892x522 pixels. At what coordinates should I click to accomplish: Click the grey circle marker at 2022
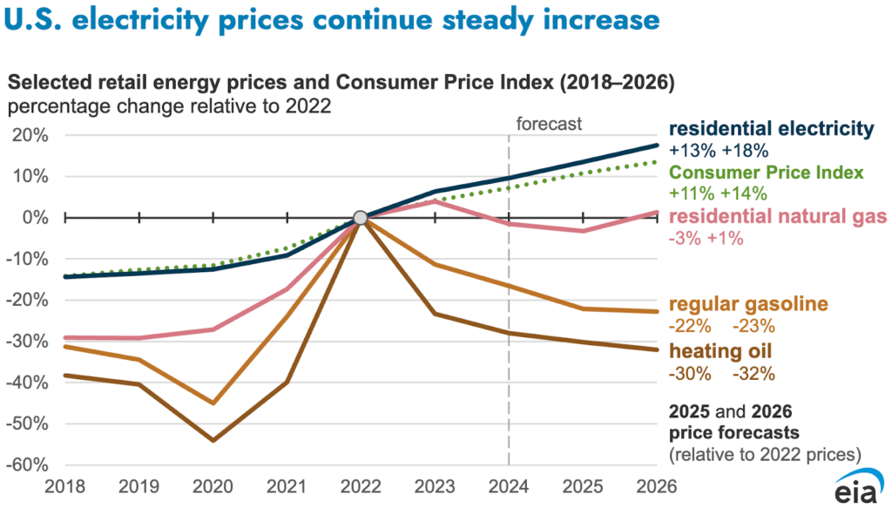click(359, 217)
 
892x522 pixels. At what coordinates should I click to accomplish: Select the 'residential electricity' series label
click(771, 129)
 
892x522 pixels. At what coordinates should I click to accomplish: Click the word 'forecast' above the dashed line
click(549, 124)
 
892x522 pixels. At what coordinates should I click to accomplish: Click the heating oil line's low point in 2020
click(212, 440)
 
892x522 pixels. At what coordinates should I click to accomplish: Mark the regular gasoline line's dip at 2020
click(212, 403)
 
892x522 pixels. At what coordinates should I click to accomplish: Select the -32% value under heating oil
click(753, 374)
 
